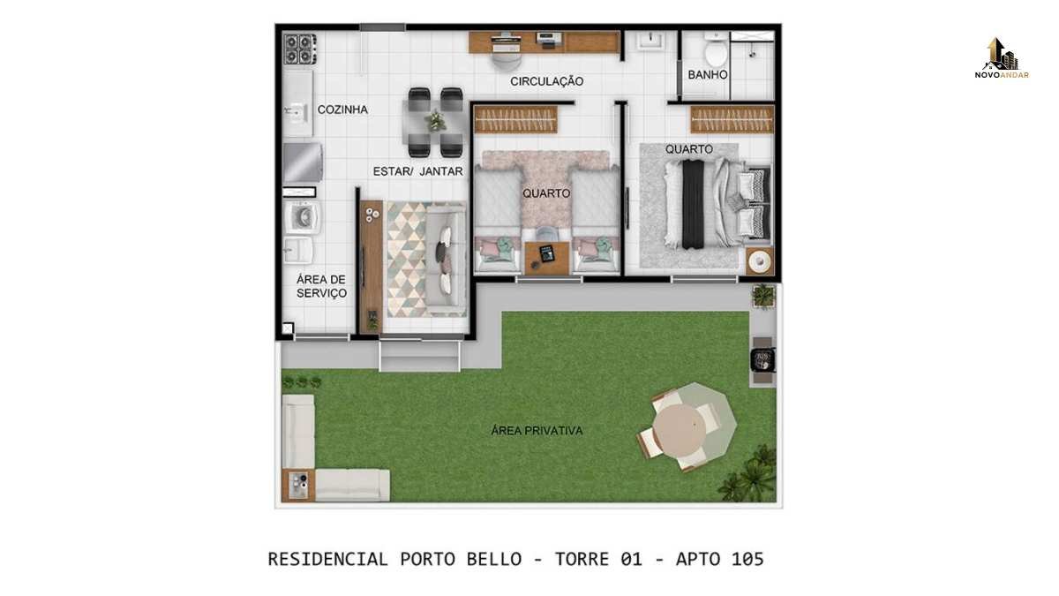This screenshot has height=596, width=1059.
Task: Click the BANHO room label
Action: click(x=707, y=75)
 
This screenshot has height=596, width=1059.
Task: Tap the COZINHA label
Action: click(x=342, y=109)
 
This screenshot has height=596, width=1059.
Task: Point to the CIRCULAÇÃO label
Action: click(x=546, y=81)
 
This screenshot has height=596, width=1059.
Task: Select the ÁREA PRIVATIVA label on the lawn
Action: click(x=537, y=431)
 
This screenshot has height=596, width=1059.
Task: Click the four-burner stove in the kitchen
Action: click(x=300, y=49)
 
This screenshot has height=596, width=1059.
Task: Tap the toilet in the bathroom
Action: click(x=716, y=50)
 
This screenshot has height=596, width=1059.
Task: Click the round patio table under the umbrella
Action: click(x=680, y=429)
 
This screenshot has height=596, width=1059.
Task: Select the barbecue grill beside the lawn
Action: click(x=762, y=360)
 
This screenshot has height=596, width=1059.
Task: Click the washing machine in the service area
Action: click(x=303, y=217)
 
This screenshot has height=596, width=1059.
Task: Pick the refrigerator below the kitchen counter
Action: click(x=303, y=162)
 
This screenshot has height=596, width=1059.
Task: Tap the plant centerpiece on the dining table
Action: click(x=435, y=120)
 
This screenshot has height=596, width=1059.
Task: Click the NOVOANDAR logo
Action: click(x=1002, y=58)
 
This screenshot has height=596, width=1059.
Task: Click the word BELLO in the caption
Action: click(x=494, y=559)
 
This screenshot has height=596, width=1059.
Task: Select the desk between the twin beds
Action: click(x=547, y=258)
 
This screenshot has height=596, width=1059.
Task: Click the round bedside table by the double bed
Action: click(x=760, y=260)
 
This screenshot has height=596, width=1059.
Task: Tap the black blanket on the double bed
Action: click(x=693, y=204)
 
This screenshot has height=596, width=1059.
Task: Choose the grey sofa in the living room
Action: click(x=446, y=260)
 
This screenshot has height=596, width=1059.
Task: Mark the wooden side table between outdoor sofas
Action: click(x=298, y=486)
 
